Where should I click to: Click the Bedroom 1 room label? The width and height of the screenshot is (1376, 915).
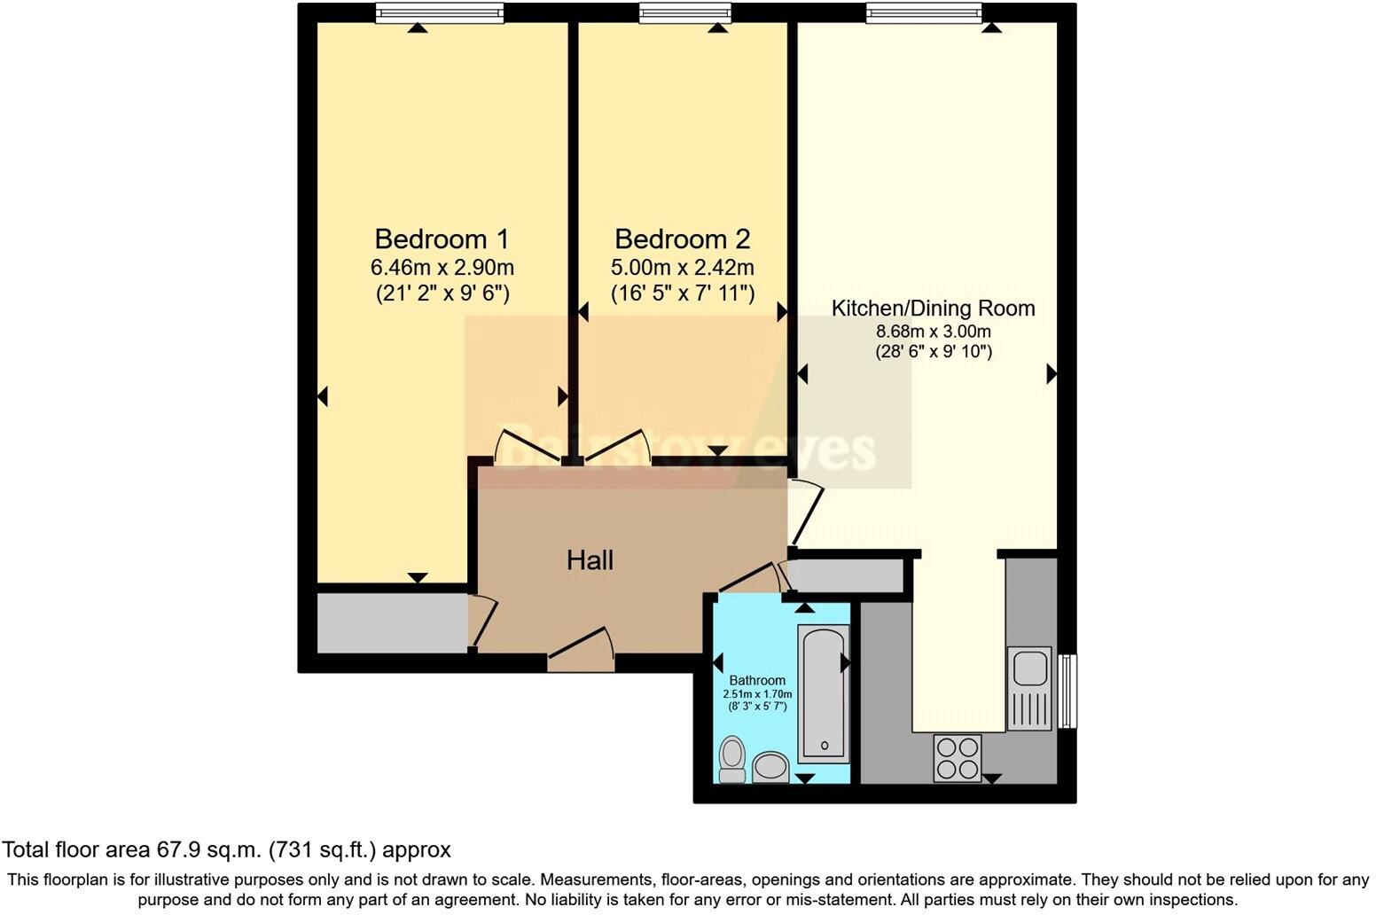(x=442, y=239)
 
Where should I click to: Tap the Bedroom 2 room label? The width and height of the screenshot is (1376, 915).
(x=682, y=239)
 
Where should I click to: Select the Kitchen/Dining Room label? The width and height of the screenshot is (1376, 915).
(x=933, y=309)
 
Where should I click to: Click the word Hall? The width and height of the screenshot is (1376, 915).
(x=590, y=560)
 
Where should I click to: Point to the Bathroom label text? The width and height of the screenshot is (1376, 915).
(x=757, y=681)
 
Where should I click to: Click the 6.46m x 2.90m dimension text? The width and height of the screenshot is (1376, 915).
(x=442, y=267)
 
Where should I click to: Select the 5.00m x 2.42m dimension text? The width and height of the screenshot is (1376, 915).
(x=682, y=267)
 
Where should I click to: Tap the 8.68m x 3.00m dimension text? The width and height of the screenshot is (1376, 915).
(x=933, y=332)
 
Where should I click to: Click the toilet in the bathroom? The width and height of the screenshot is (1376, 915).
(x=732, y=760)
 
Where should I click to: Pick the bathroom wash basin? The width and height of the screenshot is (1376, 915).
(x=770, y=767)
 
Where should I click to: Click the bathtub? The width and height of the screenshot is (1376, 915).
(x=824, y=693)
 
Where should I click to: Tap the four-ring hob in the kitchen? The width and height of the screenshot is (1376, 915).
(x=958, y=758)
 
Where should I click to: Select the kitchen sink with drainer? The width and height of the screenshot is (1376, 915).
(x=1029, y=688)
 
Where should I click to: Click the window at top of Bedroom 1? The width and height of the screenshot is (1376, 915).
(x=439, y=12)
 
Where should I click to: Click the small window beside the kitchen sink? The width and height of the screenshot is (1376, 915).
(x=1068, y=691)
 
